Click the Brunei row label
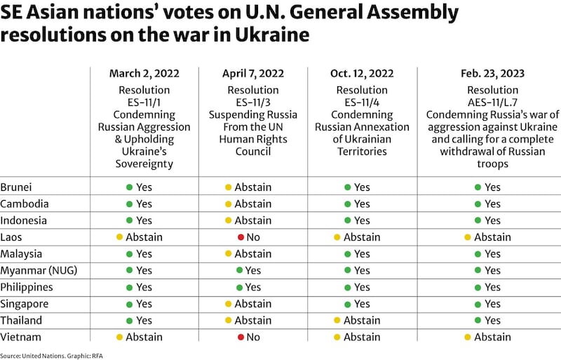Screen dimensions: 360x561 click(x=18, y=187)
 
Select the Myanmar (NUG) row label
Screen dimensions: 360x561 click(x=33, y=270)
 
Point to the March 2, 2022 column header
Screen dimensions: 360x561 click(x=144, y=74)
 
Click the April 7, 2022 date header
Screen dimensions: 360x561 click(x=253, y=74)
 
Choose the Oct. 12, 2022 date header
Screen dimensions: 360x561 click(x=362, y=74)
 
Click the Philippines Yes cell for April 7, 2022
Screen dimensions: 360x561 click(x=248, y=287)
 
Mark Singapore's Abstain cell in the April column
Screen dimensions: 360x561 click(x=248, y=304)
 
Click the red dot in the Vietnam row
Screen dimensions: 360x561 click(x=241, y=338)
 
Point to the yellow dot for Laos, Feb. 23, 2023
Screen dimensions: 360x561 click(x=468, y=237)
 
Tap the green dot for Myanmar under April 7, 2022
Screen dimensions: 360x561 click(x=239, y=271)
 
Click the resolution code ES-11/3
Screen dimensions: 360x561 click(x=253, y=102)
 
